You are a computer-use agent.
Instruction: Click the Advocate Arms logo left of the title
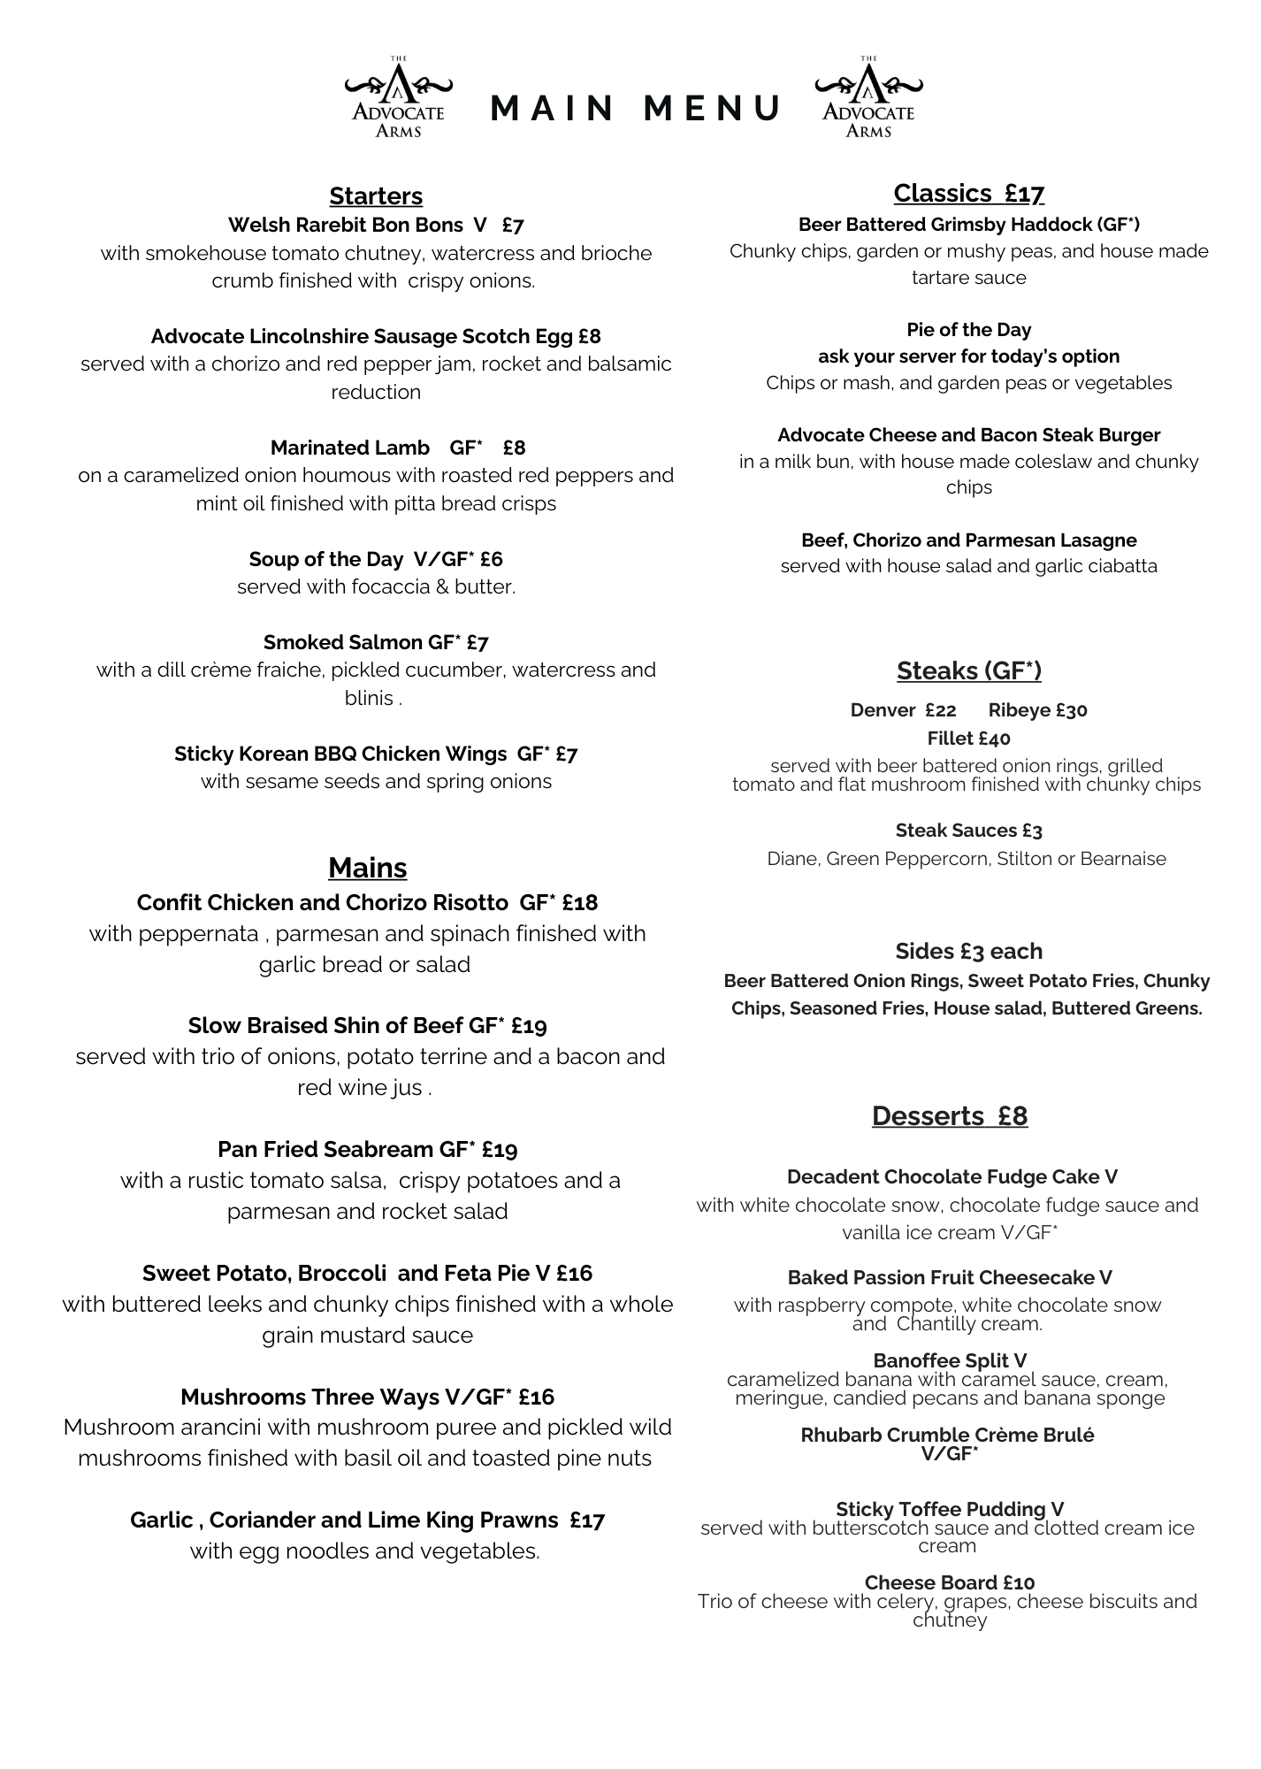tap(398, 98)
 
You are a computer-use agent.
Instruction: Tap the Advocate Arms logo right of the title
tap(868, 98)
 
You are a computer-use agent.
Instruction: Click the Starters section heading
tap(376, 196)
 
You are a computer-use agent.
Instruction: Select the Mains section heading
tap(367, 868)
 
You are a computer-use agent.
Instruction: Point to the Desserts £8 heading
tap(949, 1116)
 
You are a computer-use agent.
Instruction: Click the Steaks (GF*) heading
tap(968, 671)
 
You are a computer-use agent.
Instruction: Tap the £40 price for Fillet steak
tap(994, 739)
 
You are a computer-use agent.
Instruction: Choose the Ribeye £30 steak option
tap(1037, 710)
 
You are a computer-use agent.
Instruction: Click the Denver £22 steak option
tap(903, 710)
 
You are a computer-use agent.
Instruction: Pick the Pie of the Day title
tap(968, 330)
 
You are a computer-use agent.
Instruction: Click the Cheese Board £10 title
tap(949, 1582)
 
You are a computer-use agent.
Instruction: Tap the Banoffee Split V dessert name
tap(949, 1360)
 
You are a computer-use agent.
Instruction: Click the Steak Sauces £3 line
tap(968, 831)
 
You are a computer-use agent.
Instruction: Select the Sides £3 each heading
tap(968, 952)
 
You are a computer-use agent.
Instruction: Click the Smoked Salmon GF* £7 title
tap(376, 642)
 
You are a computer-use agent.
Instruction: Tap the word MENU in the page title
tap(711, 108)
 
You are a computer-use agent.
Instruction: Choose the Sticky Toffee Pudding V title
tap(949, 1509)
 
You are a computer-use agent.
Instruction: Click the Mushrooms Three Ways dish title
tap(310, 1397)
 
